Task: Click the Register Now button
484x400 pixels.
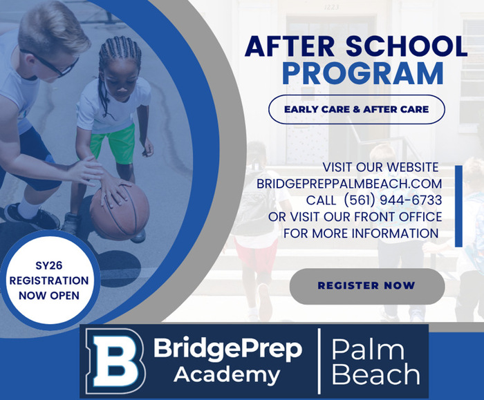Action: tap(367, 286)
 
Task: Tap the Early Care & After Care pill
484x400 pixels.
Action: tap(357, 109)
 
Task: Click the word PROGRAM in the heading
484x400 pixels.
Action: tap(363, 74)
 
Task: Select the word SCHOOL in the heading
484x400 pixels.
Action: tap(407, 46)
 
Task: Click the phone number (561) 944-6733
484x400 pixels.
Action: tap(392, 200)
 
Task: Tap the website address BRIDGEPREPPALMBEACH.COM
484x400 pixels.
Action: tap(349, 184)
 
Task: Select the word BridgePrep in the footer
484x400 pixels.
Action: tap(227, 349)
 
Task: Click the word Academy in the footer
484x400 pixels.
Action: tap(227, 374)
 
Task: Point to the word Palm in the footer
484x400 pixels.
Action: tap(367, 350)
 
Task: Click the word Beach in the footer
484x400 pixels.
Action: tap(375, 374)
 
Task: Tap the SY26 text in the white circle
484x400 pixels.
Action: tap(49, 265)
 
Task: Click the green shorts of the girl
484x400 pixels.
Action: tap(113, 143)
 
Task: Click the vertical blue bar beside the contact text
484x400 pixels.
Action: tap(458, 206)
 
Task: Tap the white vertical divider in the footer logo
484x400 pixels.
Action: tap(319, 361)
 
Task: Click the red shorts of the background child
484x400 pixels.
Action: tap(256, 254)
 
